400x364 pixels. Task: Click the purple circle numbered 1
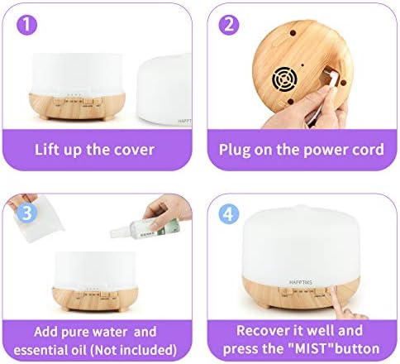point(27,25)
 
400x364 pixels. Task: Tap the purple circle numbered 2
point(229,25)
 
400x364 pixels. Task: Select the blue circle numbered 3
point(26,213)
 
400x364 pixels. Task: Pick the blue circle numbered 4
point(229,213)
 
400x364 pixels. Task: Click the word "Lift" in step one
point(45,149)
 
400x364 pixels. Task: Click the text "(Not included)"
point(134,350)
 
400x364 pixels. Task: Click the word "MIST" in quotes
point(311,348)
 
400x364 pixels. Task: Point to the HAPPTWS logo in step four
point(301,282)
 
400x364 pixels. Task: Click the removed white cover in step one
point(164,89)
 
